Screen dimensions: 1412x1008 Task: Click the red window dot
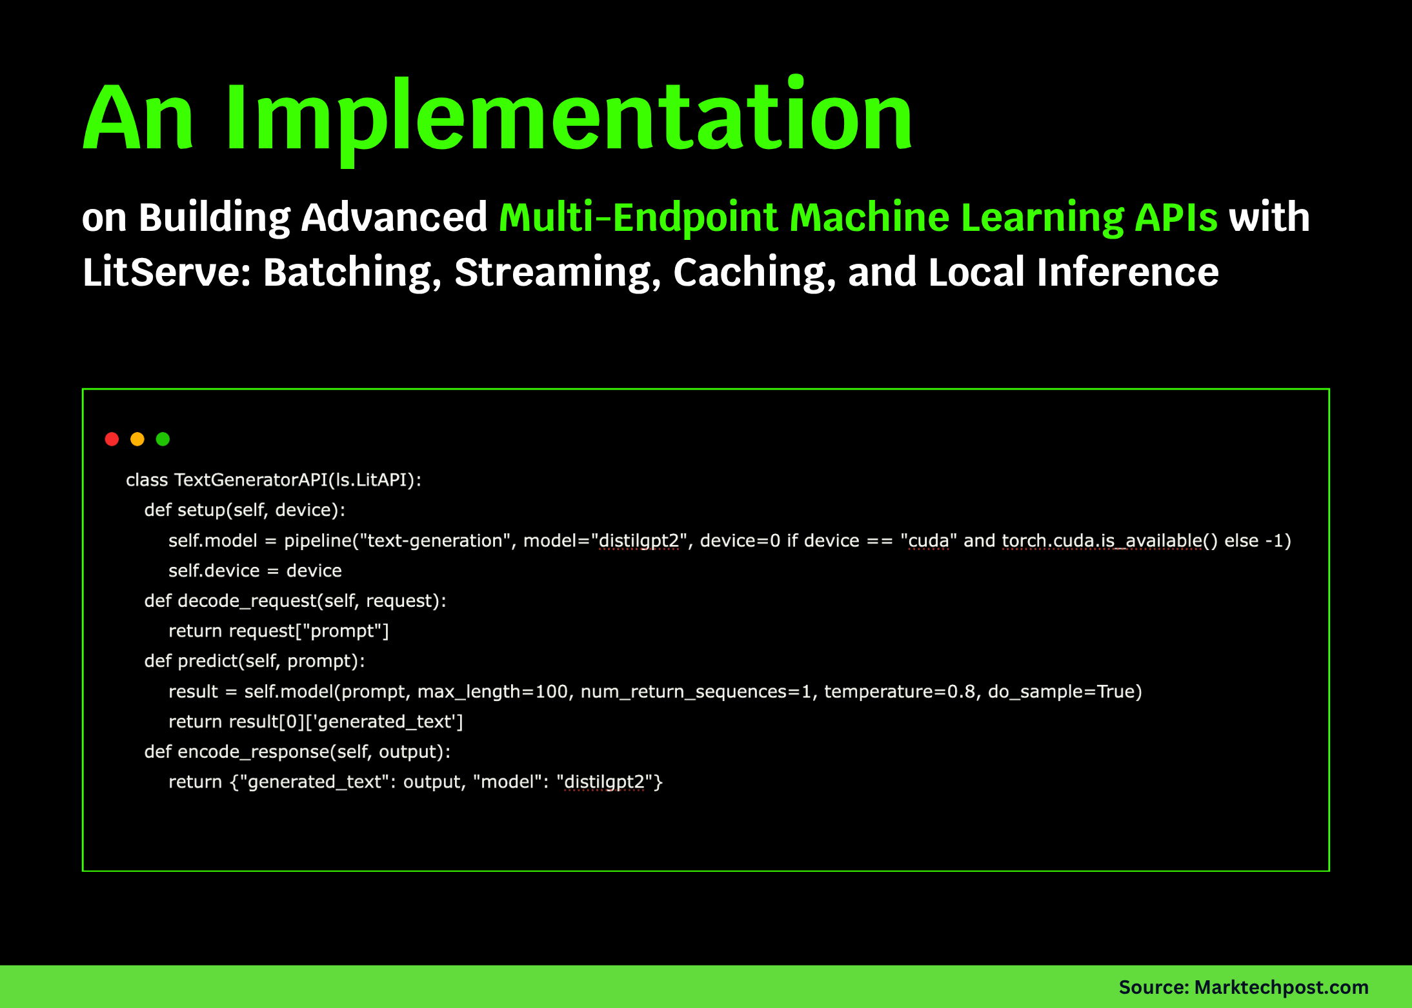pos(112,439)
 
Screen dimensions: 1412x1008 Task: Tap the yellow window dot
pos(137,439)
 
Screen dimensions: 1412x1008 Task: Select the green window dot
pos(163,439)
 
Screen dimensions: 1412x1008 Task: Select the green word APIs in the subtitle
pos(1176,217)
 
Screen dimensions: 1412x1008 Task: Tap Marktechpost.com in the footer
pos(1281,987)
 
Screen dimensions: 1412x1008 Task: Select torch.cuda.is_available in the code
pos(1102,541)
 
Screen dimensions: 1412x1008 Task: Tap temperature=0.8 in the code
pos(900,691)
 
